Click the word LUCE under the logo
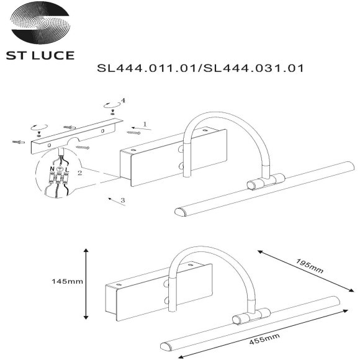(55, 56)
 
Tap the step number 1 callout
(144, 124)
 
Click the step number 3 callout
(123, 200)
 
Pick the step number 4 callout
(124, 100)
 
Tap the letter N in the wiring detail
(52, 169)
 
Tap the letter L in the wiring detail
(67, 169)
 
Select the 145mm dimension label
(67, 281)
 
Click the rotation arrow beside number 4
(112, 104)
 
